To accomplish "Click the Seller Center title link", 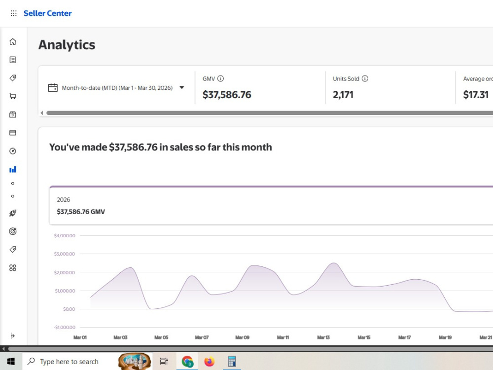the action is click(x=47, y=13).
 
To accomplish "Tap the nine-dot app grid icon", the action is click(x=13, y=13).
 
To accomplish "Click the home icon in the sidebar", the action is click(x=13, y=41).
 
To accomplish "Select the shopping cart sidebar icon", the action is click(x=13, y=96).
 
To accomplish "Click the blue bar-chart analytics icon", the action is click(x=13, y=170).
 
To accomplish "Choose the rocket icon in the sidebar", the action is click(x=13, y=213).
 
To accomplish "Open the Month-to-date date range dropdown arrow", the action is click(x=182, y=88).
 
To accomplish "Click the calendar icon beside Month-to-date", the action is click(x=53, y=87).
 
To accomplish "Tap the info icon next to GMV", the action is click(x=221, y=78).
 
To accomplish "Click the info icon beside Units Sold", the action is click(x=365, y=78).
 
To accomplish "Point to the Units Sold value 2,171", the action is click(x=343, y=95).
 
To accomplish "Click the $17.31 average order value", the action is click(x=476, y=95).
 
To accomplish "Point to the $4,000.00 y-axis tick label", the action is click(x=65, y=236).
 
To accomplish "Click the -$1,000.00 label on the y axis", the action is click(x=65, y=327).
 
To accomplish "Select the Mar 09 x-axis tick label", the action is click(x=243, y=337).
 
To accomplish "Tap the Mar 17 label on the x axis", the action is click(x=405, y=337).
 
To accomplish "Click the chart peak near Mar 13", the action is click(x=334, y=263).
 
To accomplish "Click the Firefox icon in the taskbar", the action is click(x=210, y=362).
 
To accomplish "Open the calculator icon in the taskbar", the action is click(x=232, y=362).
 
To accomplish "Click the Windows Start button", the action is click(x=11, y=362).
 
